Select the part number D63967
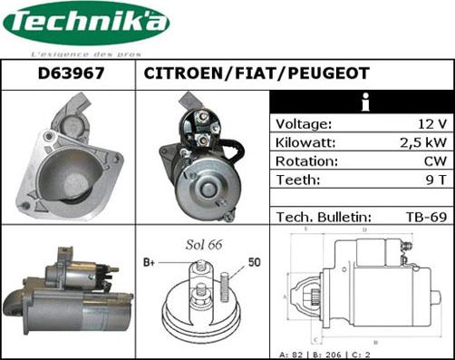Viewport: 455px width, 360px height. click(x=69, y=73)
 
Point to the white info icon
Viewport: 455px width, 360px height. click(x=363, y=102)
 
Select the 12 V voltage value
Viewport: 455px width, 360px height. click(x=430, y=124)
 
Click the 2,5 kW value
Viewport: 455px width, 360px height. click(x=422, y=142)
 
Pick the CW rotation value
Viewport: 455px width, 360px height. click(x=432, y=161)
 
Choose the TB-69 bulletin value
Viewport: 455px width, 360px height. click(x=425, y=217)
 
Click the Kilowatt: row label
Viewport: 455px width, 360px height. click(x=306, y=142)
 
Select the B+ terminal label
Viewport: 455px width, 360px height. click(x=150, y=263)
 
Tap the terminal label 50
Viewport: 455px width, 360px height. click(x=255, y=263)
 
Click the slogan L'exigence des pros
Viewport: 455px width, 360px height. click(x=86, y=54)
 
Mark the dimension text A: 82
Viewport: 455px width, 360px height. click(x=295, y=354)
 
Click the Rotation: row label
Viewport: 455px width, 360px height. click(x=306, y=161)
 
